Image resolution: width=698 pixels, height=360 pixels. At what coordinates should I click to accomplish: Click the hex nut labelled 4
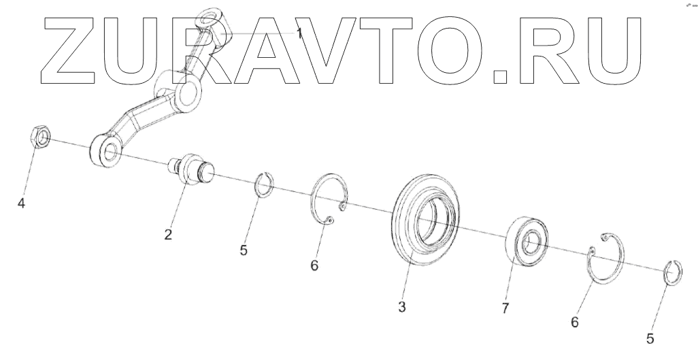tap(40, 139)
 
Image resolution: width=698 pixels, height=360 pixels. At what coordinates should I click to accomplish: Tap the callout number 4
tap(22, 203)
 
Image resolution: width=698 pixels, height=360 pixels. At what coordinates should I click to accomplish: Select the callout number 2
tap(167, 235)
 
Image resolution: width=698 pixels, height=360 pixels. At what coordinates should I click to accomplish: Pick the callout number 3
tap(402, 307)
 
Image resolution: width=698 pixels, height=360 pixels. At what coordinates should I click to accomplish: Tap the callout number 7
tap(505, 308)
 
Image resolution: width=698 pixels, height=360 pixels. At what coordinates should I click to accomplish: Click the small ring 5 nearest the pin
tap(264, 184)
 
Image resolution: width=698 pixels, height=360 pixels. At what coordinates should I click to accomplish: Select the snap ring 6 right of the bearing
tap(606, 259)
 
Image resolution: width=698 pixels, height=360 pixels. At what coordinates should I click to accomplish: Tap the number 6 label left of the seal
tap(314, 265)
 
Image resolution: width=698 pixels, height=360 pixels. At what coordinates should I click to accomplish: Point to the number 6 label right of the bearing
tap(576, 322)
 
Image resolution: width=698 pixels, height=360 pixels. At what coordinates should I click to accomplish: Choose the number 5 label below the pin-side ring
tap(244, 250)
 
